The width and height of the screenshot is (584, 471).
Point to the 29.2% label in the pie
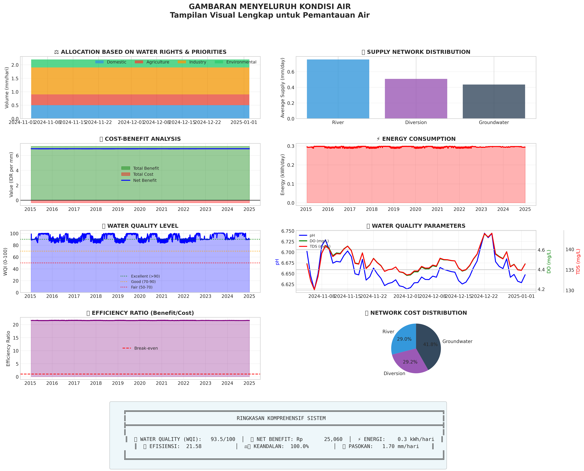(x=410, y=362)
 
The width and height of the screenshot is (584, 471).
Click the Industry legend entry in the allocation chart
(x=197, y=62)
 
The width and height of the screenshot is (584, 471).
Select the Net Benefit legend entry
(x=145, y=180)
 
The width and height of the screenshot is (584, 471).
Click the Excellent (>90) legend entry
(x=145, y=276)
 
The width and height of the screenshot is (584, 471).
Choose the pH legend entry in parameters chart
(x=312, y=235)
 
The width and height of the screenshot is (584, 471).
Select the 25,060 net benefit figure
(x=333, y=439)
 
